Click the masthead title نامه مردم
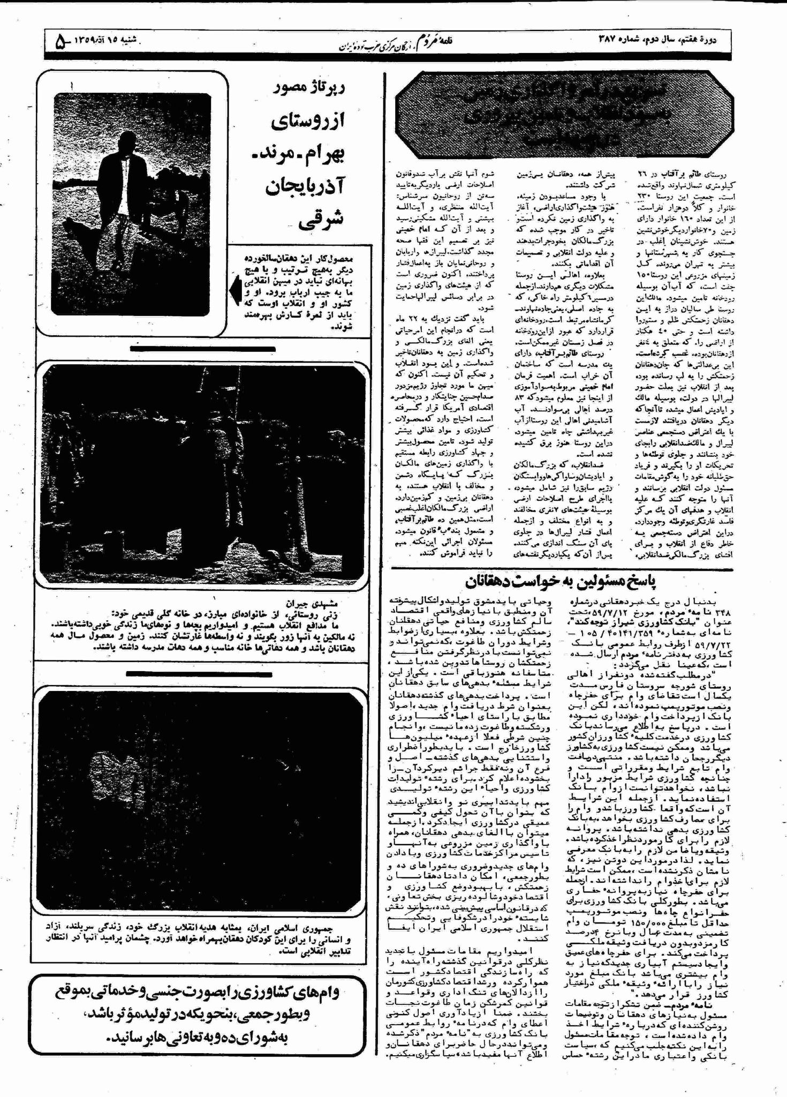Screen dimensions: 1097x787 435,40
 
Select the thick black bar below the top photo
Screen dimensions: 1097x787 202,349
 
